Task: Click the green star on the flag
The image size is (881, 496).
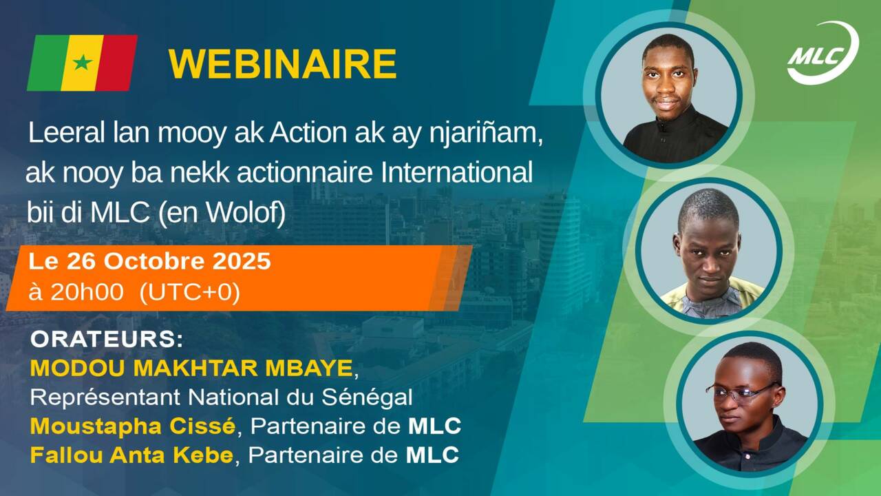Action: tap(83, 63)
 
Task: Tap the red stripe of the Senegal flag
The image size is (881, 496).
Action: tap(116, 63)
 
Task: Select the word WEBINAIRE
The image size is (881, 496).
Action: tap(282, 64)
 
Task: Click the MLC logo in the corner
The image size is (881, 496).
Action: tap(822, 53)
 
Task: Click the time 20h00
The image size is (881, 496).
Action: tap(87, 293)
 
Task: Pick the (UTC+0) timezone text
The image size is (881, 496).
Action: tap(189, 293)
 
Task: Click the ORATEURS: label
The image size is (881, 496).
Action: tap(107, 340)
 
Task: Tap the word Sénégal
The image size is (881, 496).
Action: tap(367, 397)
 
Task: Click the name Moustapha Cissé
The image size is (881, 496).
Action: tap(133, 426)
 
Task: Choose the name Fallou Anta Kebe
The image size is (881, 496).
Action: tap(131, 455)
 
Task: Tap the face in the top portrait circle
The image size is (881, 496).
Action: tap(668, 82)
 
